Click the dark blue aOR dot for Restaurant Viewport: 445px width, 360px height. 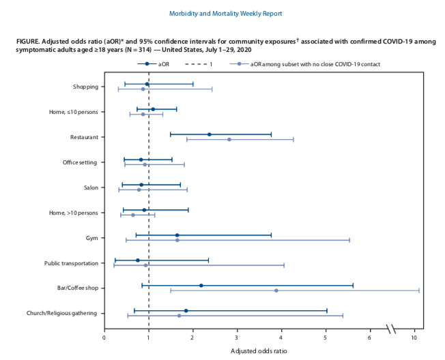click(209, 134)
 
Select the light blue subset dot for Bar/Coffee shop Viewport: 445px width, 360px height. click(276, 290)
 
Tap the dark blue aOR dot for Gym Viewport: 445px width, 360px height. click(177, 235)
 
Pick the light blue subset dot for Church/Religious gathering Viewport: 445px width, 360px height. click(180, 316)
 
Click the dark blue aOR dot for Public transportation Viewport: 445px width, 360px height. click(137, 260)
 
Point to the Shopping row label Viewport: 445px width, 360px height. click(85, 87)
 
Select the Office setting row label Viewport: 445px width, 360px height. click(80, 162)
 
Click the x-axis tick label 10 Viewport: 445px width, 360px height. click(414, 337)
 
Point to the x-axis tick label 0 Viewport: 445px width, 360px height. click(104, 337)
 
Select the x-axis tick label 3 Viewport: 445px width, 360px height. click(237, 337)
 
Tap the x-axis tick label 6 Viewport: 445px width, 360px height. click(370, 337)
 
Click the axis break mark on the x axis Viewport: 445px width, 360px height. click(392, 329)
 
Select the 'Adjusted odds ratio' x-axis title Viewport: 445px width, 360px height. click(259, 351)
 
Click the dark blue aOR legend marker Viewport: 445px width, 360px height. click(147, 63)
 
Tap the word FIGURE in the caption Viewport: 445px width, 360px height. click(29, 42)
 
